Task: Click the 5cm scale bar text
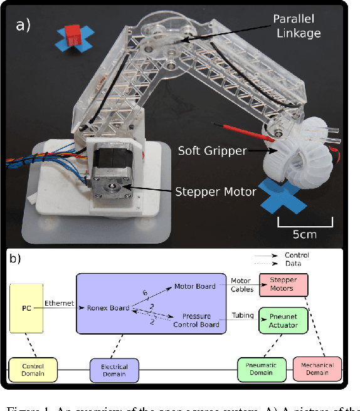tap(305, 234)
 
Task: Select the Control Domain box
tap(31, 370)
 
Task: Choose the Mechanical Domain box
tap(317, 370)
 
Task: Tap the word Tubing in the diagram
tap(242, 316)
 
